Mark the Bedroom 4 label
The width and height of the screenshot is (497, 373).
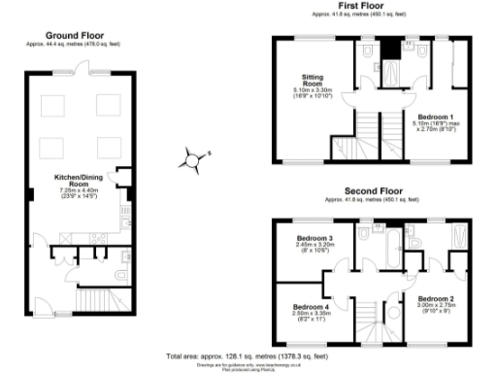tap(312, 306)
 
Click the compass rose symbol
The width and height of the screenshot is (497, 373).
tap(194, 157)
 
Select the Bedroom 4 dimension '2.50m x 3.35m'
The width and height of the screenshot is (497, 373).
tap(312, 314)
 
